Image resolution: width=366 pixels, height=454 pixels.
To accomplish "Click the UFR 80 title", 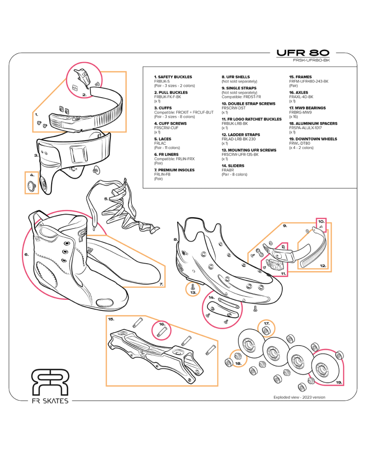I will pos(303,53).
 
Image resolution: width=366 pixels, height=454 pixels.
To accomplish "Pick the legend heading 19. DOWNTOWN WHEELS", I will pos(313,139).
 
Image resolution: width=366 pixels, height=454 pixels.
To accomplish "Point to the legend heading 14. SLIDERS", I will pos(233,166).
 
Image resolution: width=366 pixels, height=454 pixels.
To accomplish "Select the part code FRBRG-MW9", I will pos(300,112).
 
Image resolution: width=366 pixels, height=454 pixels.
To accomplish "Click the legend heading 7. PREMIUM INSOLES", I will pos(174,170).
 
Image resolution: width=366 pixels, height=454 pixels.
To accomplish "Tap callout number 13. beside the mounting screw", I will pos(193,293).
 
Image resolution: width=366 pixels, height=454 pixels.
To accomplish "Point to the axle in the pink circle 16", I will pos(162,330).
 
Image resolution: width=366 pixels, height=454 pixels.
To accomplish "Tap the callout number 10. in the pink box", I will pos(321,221).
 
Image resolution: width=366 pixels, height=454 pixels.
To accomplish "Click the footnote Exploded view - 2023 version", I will pos(299,397).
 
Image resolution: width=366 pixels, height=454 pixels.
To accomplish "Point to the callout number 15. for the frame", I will pos(111,318).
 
